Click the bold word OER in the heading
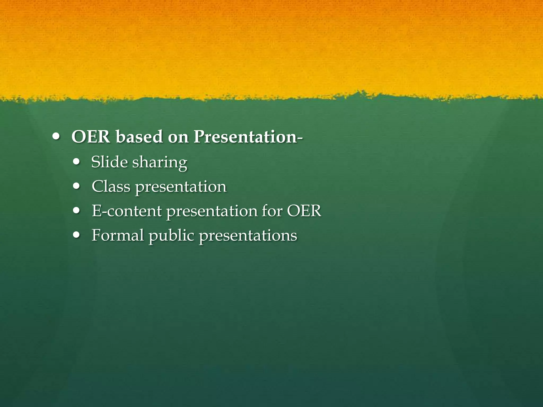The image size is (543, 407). [91, 137]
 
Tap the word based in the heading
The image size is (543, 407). [139, 137]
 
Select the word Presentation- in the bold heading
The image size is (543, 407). [248, 137]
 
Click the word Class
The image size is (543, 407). [111, 186]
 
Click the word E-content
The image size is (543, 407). [126, 211]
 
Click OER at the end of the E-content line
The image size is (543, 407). [304, 211]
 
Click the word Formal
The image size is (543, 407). [117, 235]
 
